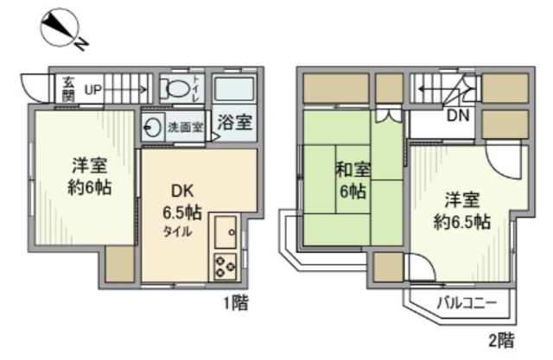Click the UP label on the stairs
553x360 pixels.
(92, 89)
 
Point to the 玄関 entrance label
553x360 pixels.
(67, 88)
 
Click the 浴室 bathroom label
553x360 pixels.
(234, 123)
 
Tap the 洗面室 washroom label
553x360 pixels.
(184, 126)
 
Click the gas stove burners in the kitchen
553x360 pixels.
(226, 265)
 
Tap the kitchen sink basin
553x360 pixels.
(226, 231)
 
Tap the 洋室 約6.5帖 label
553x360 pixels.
(461, 210)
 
